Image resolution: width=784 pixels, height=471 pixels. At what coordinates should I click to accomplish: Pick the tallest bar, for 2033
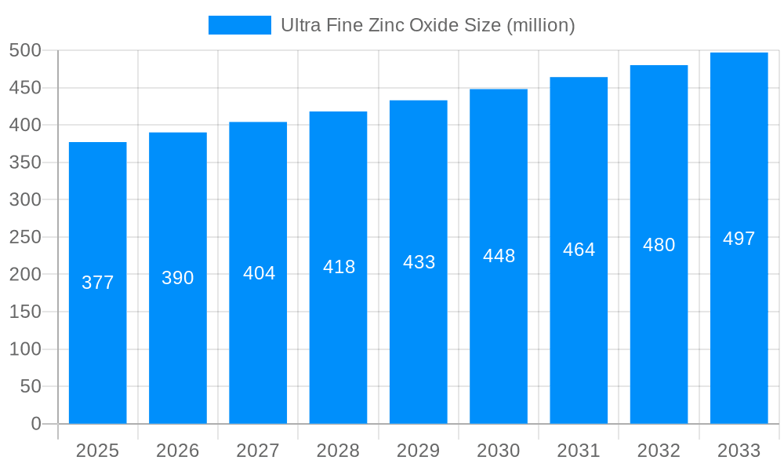739,314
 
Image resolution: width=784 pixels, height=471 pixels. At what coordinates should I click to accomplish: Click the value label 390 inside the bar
178,278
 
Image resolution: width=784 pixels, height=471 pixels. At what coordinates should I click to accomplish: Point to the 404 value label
259,273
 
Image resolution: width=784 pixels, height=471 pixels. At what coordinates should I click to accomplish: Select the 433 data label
419,262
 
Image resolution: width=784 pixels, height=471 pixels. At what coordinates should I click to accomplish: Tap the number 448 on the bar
499,256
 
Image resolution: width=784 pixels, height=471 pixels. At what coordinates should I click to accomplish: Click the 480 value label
659,245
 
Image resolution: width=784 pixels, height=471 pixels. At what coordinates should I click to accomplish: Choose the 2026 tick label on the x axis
178,451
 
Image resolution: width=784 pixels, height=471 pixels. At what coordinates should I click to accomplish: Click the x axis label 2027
258,451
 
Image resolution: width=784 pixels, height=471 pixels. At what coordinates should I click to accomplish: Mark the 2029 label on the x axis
419,451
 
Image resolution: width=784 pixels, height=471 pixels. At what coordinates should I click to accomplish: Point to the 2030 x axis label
499,451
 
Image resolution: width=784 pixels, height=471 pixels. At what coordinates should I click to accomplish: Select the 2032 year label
659,451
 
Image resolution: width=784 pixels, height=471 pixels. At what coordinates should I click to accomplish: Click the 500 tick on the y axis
25,50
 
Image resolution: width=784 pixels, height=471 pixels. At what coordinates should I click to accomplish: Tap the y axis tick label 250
25,237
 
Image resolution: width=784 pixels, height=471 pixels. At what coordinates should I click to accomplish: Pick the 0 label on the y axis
36,424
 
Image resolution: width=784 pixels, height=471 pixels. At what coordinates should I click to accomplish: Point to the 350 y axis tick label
25,162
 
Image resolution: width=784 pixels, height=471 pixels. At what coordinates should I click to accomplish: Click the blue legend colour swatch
239,25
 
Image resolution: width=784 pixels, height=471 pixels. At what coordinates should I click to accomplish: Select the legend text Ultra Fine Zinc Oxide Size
428,25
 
